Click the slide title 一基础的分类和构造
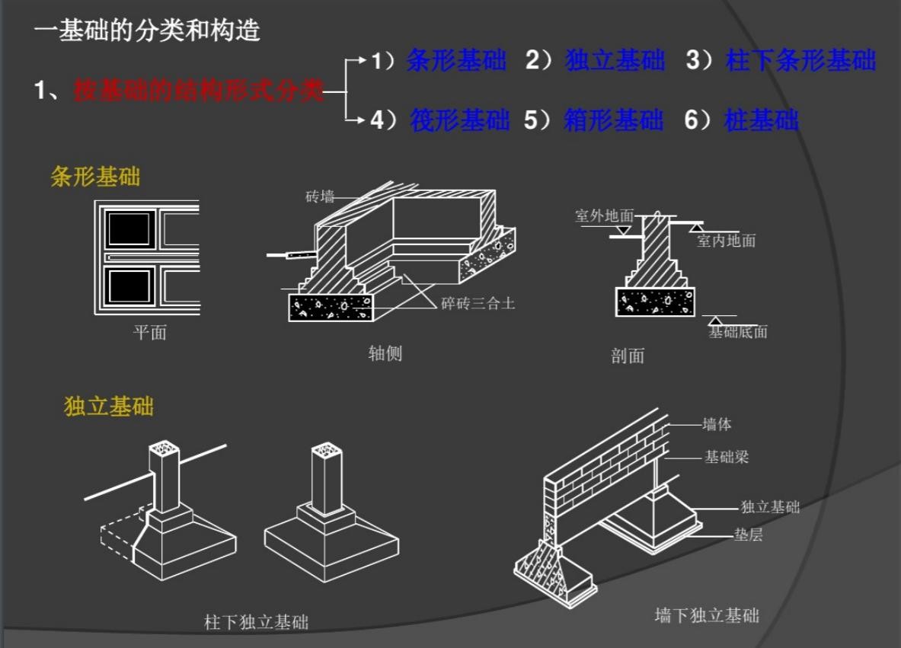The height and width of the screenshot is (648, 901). coord(147,30)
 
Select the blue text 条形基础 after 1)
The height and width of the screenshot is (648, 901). coord(456,61)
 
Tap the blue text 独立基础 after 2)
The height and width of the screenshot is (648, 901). coord(615,61)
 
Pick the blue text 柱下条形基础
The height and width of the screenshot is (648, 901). coord(800,61)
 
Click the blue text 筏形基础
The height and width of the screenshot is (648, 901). coord(459,120)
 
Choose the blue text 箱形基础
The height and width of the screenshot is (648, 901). coord(613,120)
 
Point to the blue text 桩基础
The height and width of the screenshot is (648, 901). coord(762,120)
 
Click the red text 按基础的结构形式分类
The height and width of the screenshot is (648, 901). coord(198,91)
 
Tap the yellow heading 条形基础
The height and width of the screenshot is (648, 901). coord(95,177)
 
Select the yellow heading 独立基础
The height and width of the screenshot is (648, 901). coord(108,406)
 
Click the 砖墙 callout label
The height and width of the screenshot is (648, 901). coord(320,197)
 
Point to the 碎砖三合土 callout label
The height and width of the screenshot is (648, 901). coord(478,304)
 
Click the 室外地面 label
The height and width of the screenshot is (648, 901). coord(604,216)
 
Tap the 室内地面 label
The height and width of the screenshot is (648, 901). coord(726,241)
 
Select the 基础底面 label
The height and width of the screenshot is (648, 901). coord(737,331)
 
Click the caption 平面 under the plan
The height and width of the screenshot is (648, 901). coord(149,332)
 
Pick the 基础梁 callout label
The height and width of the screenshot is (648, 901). coord(726,457)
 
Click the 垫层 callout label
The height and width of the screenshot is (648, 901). coord(748,535)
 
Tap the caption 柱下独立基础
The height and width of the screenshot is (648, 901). coord(257,622)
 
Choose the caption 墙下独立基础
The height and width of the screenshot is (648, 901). coord(707,615)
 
